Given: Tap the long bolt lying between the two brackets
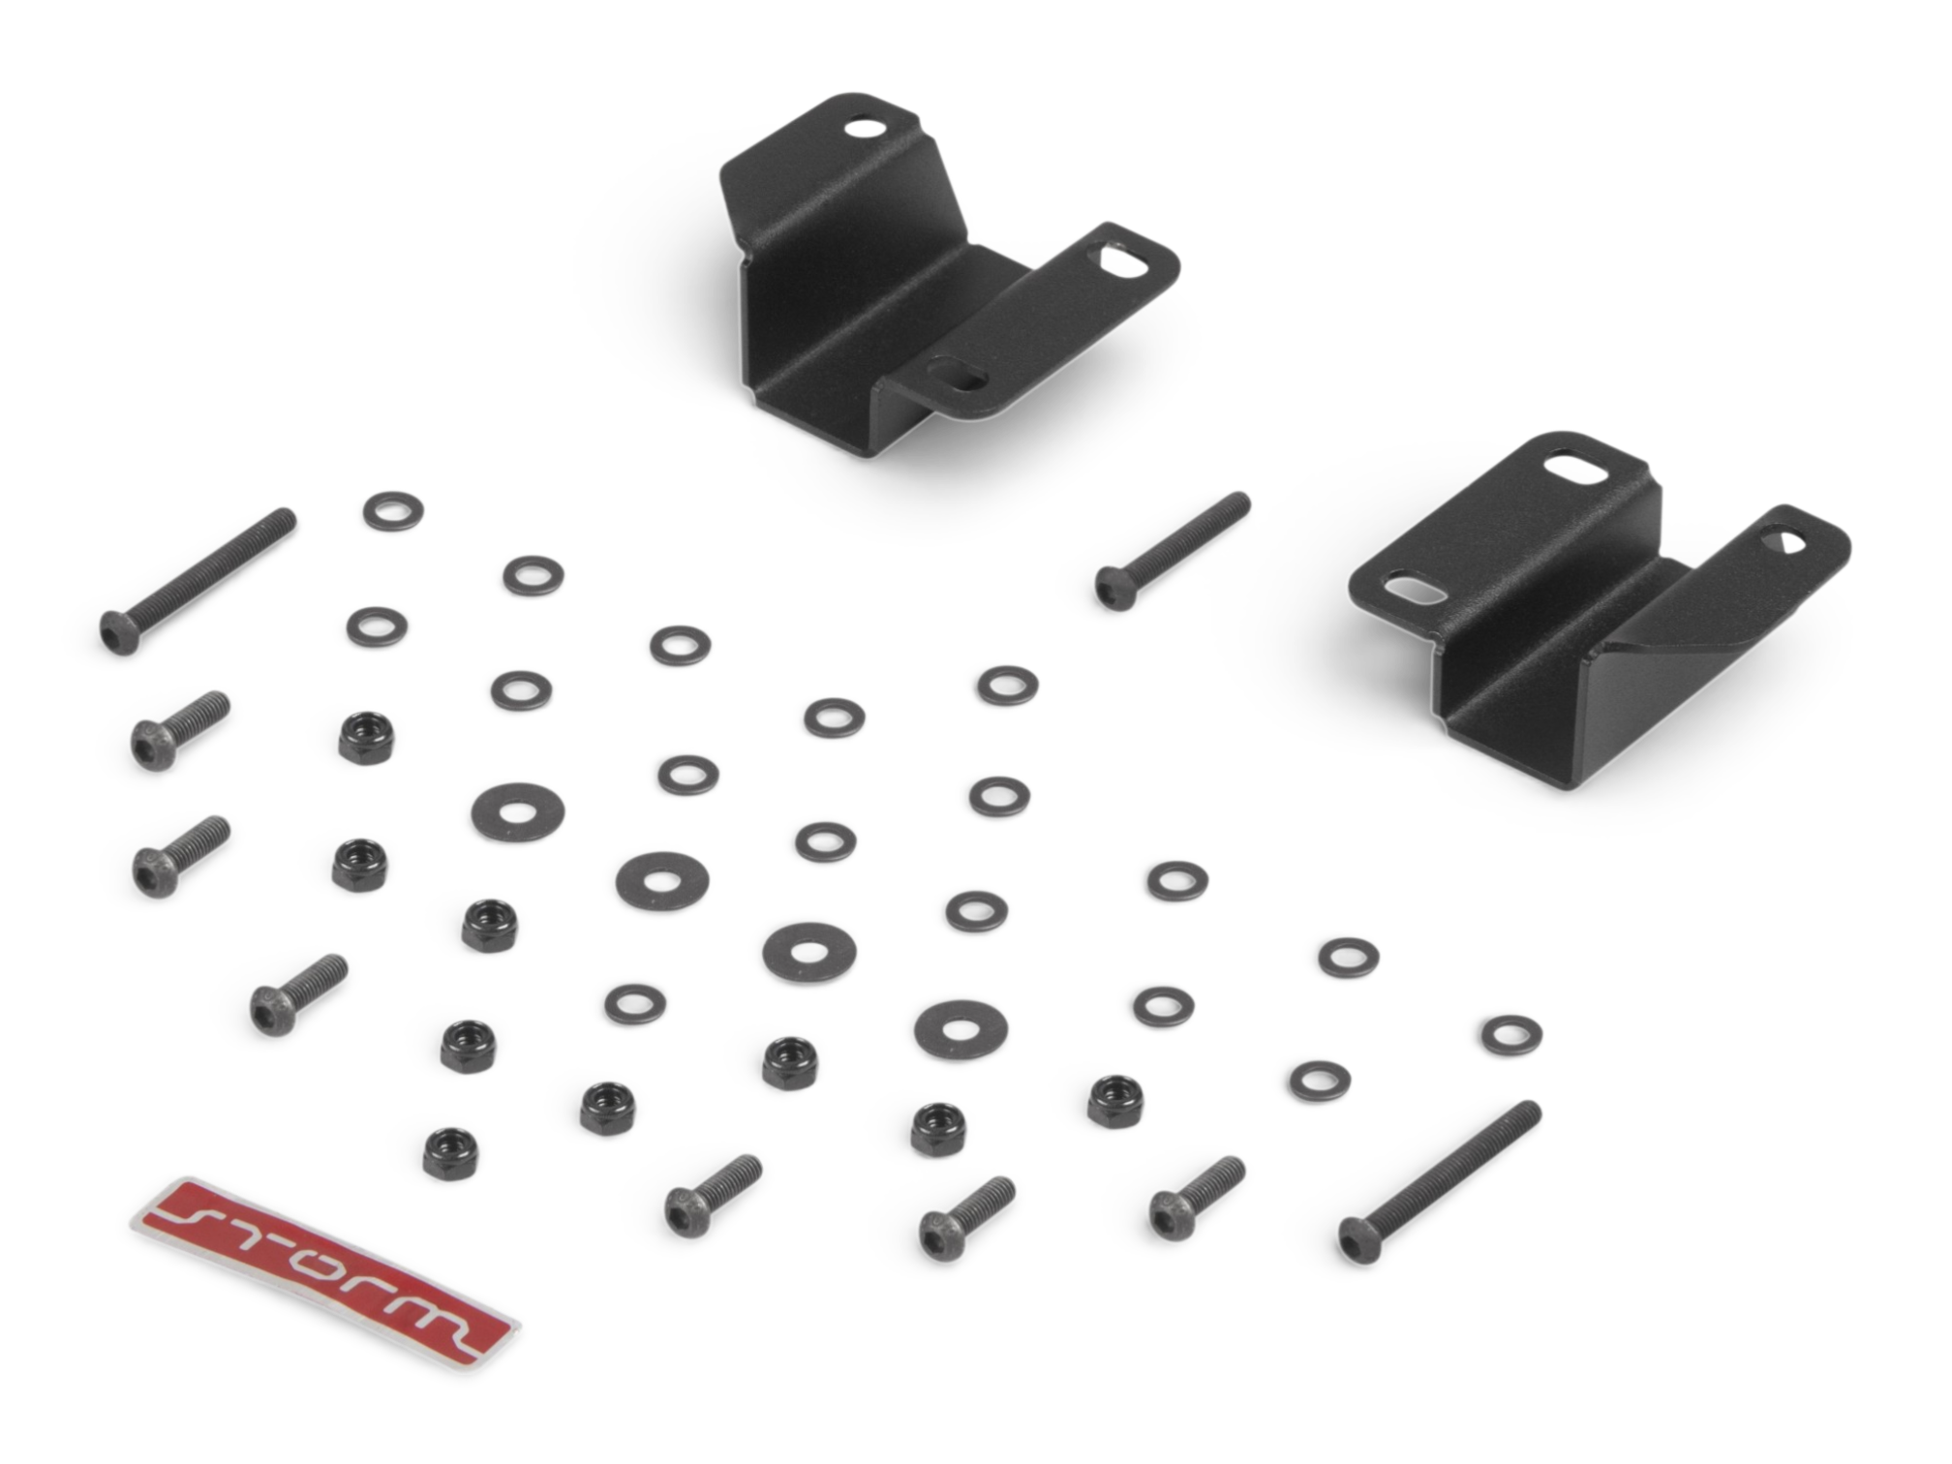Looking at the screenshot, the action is pyautogui.click(x=1173, y=551).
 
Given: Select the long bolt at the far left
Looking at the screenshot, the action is pyautogui.click(x=198, y=581).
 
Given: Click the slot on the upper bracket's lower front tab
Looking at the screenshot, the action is pyautogui.click(x=957, y=374).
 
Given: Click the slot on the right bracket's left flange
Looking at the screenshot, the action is pyautogui.click(x=1416, y=586).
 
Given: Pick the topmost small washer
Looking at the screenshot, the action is pyautogui.click(x=393, y=510).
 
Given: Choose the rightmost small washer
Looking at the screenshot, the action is pyautogui.click(x=1511, y=1034).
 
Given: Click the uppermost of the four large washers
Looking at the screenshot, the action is pyautogui.click(x=518, y=811).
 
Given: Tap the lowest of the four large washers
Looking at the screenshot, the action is pyautogui.click(x=961, y=1027).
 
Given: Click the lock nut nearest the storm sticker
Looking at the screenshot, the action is pyautogui.click(x=450, y=1151).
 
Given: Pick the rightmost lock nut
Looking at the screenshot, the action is pyautogui.click(x=1114, y=1100).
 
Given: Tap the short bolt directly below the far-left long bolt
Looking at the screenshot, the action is pyautogui.click(x=180, y=730).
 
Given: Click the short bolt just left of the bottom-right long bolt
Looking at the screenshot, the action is pyautogui.click(x=1197, y=1198).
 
